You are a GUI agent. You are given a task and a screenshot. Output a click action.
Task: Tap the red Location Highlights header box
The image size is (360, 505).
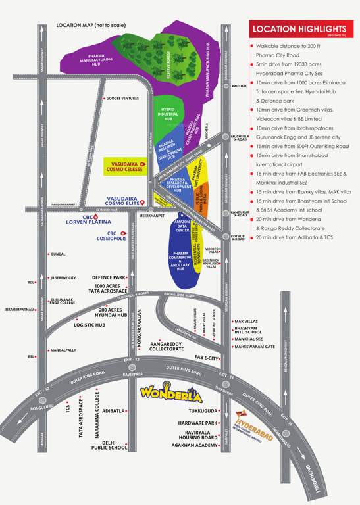(299, 29)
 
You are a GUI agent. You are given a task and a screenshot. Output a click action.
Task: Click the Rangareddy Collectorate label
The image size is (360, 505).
(167, 346)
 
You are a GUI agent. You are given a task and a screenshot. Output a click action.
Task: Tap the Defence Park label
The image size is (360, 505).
(109, 277)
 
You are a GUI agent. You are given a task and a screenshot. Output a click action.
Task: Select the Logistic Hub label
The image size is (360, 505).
(90, 325)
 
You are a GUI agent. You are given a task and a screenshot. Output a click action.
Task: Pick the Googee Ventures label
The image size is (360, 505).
(122, 98)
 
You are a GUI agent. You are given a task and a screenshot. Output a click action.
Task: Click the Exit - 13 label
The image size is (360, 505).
(132, 360)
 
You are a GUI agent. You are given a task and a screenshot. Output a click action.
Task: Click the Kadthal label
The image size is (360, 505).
(240, 86)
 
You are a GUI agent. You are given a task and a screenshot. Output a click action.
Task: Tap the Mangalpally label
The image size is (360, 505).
(64, 350)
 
